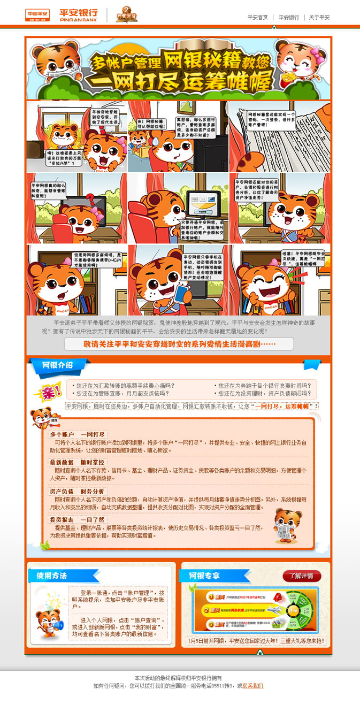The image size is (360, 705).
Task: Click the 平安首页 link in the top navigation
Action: pyautogui.click(x=257, y=17)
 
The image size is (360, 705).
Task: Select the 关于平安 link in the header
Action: pyautogui.click(x=319, y=17)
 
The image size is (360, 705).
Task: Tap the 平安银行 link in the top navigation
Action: pyautogui.click(x=289, y=17)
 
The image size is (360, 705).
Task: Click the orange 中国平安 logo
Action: pyautogui.click(x=38, y=14)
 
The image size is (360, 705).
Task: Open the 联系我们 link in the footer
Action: pyautogui.click(x=252, y=686)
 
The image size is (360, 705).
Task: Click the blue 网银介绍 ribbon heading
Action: pyautogui.click(x=58, y=365)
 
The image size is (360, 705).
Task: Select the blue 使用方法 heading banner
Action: pyautogui.click(x=52, y=576)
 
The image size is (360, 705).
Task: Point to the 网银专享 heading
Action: pyautogui.click(x=204, y=576)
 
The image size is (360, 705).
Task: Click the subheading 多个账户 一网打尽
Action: pyautogui.click(x=78, y=434)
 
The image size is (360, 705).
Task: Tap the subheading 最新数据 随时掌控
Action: pyautogui.click(x=78, y=462)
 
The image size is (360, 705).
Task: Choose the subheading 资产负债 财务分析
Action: pyautogui.click(x=78, y=491)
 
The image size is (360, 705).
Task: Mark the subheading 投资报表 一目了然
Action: pyautogui.click(x=78, y=519)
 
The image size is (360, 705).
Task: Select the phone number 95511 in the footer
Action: pyautogui.click(x=218, y=686)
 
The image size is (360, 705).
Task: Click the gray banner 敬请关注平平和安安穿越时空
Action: pyautogui.click(x=179, y=344)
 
